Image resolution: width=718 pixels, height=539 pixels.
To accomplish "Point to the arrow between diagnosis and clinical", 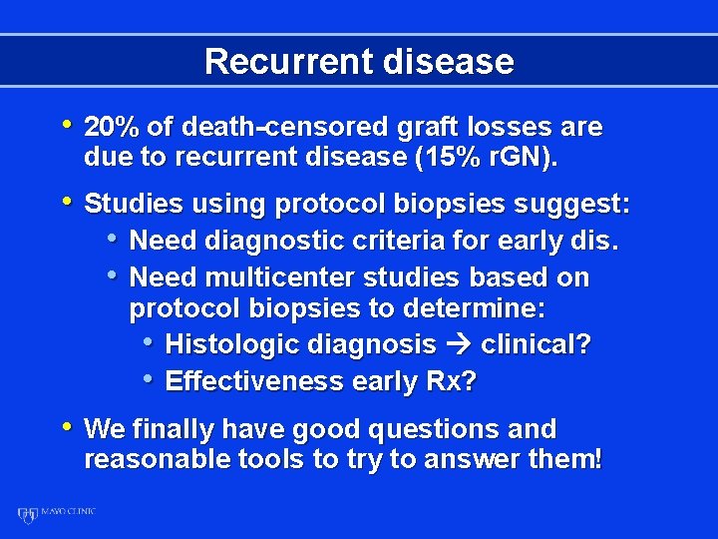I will click(459, 345).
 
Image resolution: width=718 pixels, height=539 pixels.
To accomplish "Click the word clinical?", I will click(536, 345).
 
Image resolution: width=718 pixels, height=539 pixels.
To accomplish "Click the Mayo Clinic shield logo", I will click(27, 516).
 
